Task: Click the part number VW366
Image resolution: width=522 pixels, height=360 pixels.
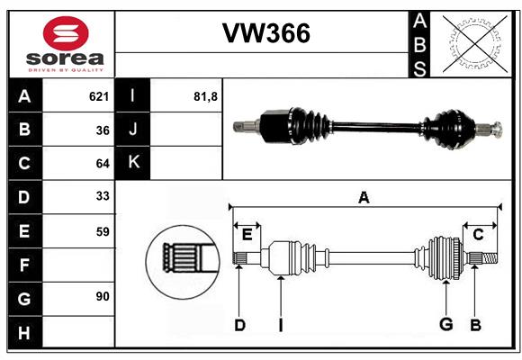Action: (266, 33)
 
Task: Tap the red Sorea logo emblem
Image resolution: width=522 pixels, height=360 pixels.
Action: (66, 33)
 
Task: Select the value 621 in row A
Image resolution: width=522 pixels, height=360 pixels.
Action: (99, 96)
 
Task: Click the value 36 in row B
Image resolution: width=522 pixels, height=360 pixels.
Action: (103, 130)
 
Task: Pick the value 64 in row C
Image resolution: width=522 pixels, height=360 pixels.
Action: (103, 164)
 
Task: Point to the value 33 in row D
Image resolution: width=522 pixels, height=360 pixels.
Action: (103, 196)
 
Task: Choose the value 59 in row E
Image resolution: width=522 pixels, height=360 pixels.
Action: (103, 231)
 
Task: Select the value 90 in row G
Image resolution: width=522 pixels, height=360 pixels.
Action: (103, 296)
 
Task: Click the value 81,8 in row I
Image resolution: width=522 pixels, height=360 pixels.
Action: (205, 96)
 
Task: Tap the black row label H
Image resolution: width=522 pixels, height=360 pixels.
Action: (25, 332)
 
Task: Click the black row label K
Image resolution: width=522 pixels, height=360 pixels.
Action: (132, 163)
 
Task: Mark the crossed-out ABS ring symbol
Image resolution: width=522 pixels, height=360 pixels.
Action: (475, 44)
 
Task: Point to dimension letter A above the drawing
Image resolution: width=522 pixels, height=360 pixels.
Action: (364, 197)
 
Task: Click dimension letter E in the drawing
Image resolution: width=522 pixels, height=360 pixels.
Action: (247, 235)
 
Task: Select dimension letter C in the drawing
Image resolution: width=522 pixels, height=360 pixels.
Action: (478, 235)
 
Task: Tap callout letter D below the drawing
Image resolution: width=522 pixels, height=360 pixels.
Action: (239, 325)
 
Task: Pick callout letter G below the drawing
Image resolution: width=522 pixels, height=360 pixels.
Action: (445, 324)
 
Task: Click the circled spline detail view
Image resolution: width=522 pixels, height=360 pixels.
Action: (183, 261)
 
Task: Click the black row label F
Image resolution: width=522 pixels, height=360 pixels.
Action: (25, 265)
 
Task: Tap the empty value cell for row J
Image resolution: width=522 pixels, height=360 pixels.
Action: (186, 130)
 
